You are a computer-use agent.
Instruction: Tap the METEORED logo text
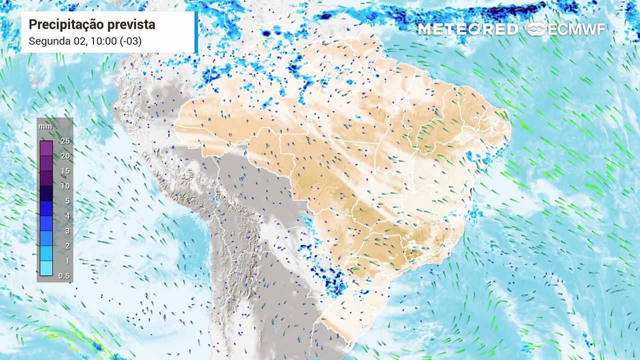click(x=467, y=29)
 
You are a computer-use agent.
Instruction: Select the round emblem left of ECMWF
click(x=536, y=29)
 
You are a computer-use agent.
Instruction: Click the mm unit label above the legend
click(x=45, y=126)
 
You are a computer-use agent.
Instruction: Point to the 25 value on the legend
click(x=65, y=141)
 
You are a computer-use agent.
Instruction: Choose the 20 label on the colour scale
click(x=65, y=156)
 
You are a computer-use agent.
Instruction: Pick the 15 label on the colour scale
click(x=65, y=171)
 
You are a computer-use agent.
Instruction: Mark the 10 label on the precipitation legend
click(x=65, y=186)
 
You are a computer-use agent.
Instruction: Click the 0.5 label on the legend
click(x=64, y=276)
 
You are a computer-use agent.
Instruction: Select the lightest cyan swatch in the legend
click(x=46, y=268)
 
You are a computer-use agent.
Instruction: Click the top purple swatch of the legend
click(x=46, y=148)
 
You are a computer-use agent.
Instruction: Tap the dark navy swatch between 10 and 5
click(x=46, y=193)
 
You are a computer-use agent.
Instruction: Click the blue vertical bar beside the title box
click(x=196, y=32)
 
